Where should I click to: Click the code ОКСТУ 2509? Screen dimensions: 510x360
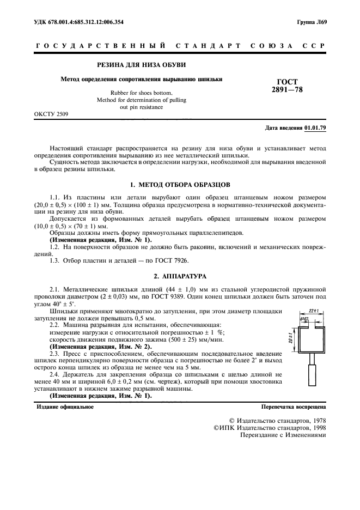click(x=51, y=114)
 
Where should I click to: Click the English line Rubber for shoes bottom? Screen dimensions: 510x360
click(x=141, y=93)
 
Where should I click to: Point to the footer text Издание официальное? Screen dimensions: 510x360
click(x=65, y=406)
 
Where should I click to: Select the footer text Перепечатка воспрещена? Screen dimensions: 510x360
click(x=294, y=406)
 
